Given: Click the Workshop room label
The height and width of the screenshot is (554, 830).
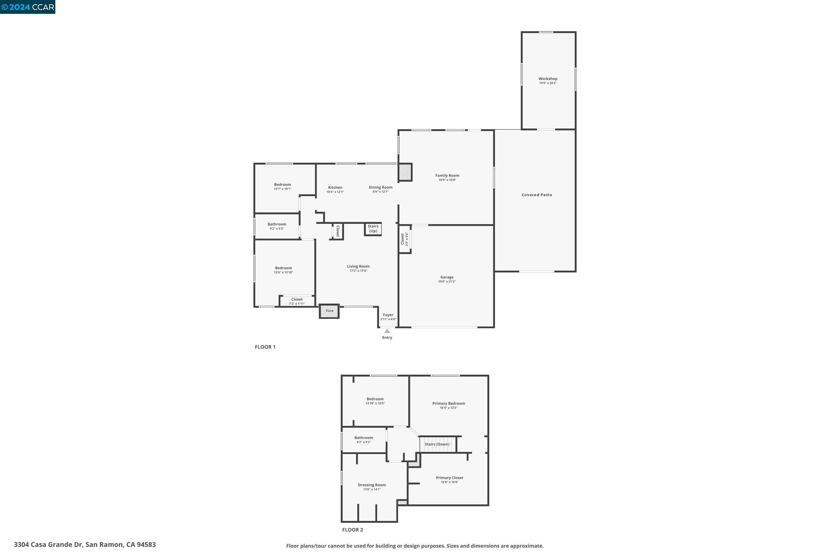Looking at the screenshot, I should pyautogui.click(x=548, y=79).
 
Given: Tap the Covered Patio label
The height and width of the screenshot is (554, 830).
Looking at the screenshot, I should pyautogui.click(x=537, y=195).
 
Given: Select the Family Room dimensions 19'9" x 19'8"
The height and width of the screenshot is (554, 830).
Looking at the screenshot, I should pyautogui.click(x=447, y=180).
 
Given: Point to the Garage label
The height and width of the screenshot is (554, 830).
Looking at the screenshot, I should pyautogui.click(x=447, y=277).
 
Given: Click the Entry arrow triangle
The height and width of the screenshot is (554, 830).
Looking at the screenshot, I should pyautogui.click(x=387, y=331).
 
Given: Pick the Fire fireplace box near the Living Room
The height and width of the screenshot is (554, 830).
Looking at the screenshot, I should pyautogui.click(x=329, y=311).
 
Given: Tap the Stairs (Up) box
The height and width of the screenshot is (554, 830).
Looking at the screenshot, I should pyautogui.click(x=373, y=229).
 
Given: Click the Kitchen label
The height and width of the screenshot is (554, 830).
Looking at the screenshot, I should pyautogui.click(x=335, y=188).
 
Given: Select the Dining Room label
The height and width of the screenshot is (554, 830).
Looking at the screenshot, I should pyautogui.click(x=380, y=187).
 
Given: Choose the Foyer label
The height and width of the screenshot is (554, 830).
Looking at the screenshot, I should pyautogui.click(x=388, y=315).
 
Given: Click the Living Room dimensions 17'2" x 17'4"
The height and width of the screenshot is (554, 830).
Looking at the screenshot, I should pyautogui.click(x=358, y=271).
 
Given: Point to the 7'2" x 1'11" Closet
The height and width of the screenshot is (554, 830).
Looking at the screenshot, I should pyautogui.click(x=297, y=301).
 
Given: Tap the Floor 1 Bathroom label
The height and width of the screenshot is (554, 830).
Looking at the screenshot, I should pyautogui.click(x=277, y=224).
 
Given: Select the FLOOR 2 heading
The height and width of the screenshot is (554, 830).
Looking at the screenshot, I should pyautogui.click(x=352, y=530).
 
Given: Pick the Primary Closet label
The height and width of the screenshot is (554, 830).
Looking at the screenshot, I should pyautogui.click(x=449, y=478).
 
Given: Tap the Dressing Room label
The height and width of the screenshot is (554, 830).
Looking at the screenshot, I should pyautogui.click(x=372, y=485).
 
